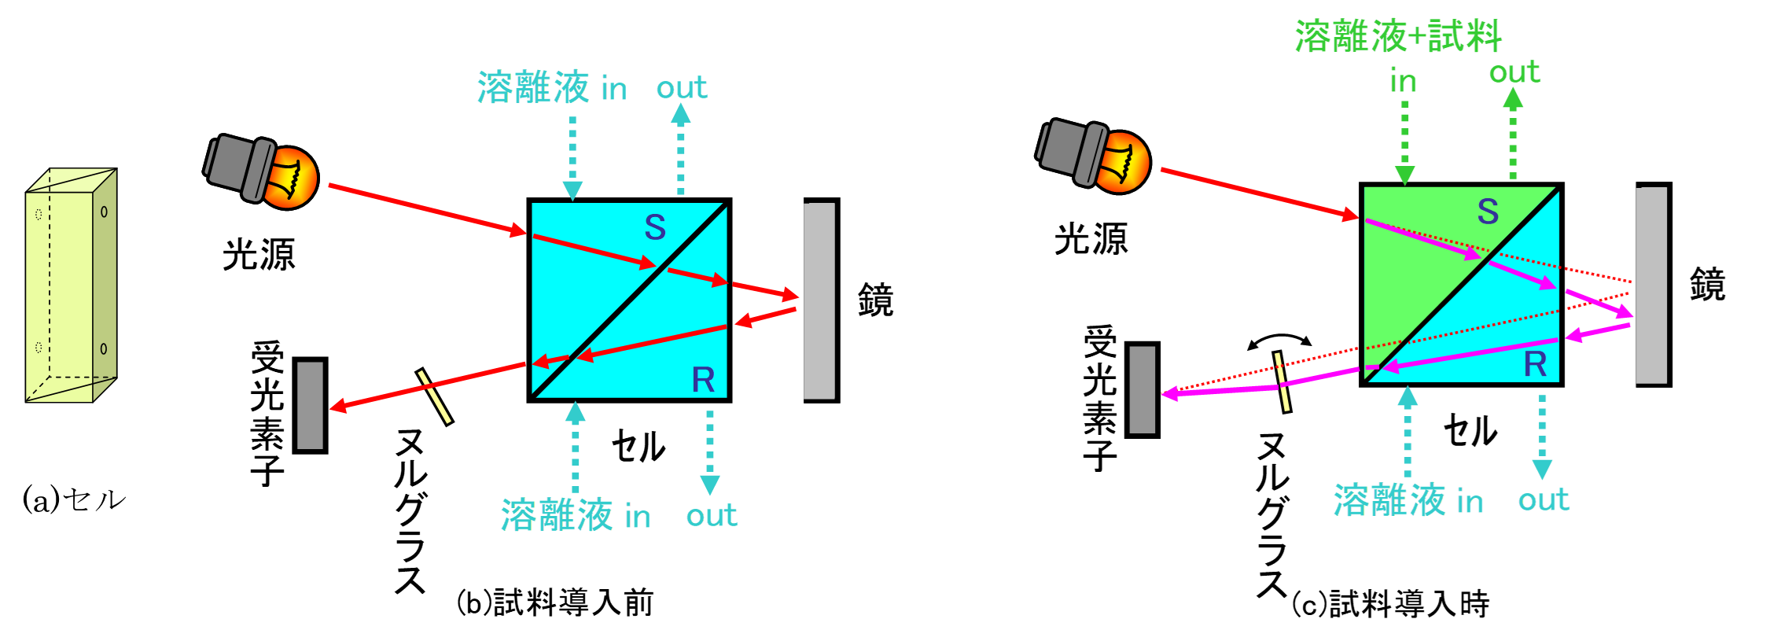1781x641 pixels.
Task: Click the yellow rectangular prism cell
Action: (x=71, y=287)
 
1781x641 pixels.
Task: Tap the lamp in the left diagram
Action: (x=263, y=173)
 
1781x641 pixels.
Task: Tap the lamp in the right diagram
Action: (x=1095, y=157)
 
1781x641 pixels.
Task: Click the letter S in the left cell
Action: (x=655, y=227)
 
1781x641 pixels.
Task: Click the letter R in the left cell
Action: (x=703, y=380)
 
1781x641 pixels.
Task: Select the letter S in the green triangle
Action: (x=1488, y=211)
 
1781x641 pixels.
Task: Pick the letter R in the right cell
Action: (x=1535, y=364)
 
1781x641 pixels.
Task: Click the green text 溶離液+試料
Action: (x=1398, y=36)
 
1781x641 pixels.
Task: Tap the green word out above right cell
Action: (x=1514, y=72)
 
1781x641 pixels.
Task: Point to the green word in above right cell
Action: (x=1404, y=82)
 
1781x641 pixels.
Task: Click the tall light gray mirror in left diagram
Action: (x=819, y=300)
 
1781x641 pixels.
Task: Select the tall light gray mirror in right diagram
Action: (x=1650, y=285)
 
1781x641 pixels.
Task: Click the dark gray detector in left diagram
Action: (x=310, y=405)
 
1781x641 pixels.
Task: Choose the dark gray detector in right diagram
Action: (x=1142, y=389)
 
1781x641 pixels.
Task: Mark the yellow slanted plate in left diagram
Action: (x=434, y=396)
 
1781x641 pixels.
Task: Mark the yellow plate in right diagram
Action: (x=1282, y=382)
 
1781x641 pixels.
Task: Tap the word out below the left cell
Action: (x=712, y=516)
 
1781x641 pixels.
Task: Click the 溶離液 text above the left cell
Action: (x=533, y=87)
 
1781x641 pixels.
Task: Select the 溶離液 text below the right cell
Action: (x=1389, y=500)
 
